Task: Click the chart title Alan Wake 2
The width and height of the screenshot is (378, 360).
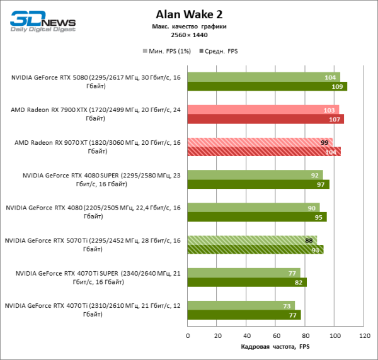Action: (x=189, y=14)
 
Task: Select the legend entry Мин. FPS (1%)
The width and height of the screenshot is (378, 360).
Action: (x=169, y=51)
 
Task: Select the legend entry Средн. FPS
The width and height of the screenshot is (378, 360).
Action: (x=219, y=51)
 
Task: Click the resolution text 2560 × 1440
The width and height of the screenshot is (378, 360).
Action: (x=189, y=35)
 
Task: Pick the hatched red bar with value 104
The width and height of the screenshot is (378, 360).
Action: (x=264, y=152)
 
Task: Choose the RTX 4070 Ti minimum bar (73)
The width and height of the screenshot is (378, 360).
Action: (x=241, y=305)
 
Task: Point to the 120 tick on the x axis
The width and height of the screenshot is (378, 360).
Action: (x=364, y=336)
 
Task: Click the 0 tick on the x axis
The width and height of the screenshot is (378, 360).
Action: (x=188, y=336)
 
